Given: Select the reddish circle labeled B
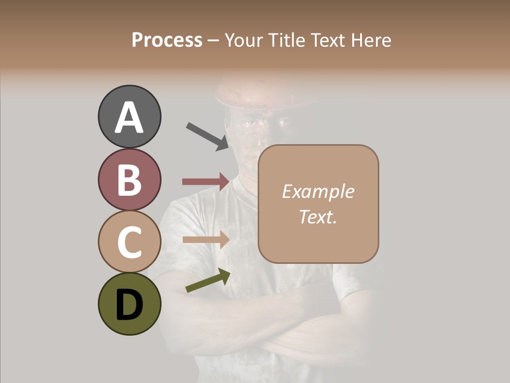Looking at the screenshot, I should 129,179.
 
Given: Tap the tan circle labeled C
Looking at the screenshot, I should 129,242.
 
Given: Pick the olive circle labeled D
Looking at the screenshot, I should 129,304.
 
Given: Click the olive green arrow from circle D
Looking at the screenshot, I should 208,280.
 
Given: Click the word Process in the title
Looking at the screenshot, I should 167,40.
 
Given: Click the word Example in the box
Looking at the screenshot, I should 318,191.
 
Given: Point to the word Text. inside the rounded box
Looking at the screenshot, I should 318,217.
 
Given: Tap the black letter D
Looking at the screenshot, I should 129,305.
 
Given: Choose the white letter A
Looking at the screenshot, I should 129,117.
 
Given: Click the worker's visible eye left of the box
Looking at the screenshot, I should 249,123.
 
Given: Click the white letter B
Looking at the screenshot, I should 129,179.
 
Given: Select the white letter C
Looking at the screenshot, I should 129,242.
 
